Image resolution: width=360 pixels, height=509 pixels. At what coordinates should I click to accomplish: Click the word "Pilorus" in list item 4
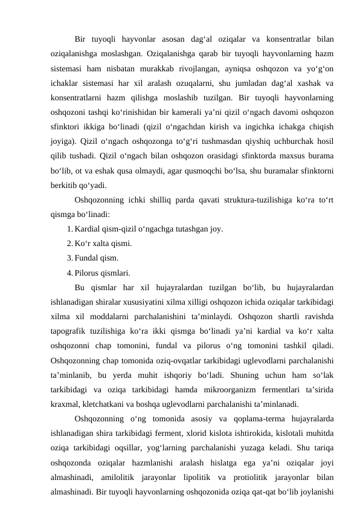[x=88, y=272]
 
